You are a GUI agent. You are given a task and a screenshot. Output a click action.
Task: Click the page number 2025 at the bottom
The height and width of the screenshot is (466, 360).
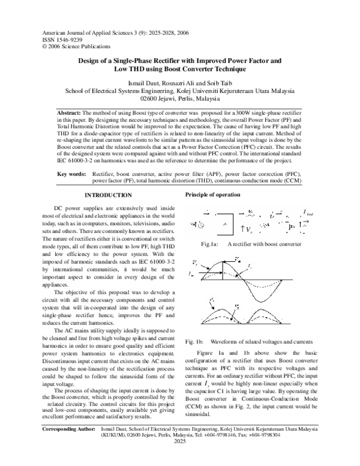(180, 458)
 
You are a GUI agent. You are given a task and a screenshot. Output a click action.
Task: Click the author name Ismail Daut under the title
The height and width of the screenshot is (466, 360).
(143, 82)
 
